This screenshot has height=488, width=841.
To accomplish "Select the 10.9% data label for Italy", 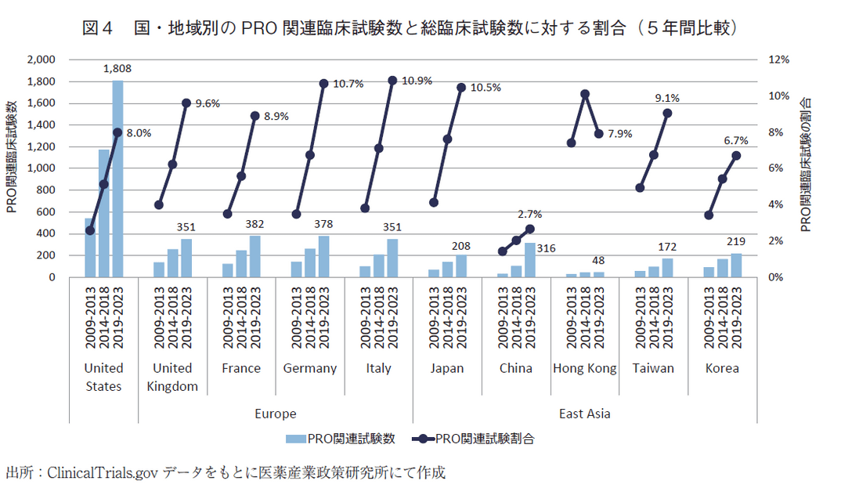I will tap(419, 81).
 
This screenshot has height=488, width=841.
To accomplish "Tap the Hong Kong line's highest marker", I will tap(585, 94).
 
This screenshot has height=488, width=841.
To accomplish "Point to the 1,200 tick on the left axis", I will tap(41, 146).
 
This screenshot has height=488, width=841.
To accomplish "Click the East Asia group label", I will tap(584, 414).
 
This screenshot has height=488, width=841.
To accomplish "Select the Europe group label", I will tap(276, 414).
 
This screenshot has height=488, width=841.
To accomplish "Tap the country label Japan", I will tap(447, 368).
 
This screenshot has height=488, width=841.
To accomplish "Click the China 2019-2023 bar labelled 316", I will tap(530, 260).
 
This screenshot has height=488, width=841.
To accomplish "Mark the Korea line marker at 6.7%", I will tap(736, 155).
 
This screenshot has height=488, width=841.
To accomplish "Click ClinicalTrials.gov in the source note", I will tap(101, 472).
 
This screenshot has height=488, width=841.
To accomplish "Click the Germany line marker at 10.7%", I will tap(323, 83).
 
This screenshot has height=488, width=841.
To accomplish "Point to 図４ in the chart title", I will tap(98, 28).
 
